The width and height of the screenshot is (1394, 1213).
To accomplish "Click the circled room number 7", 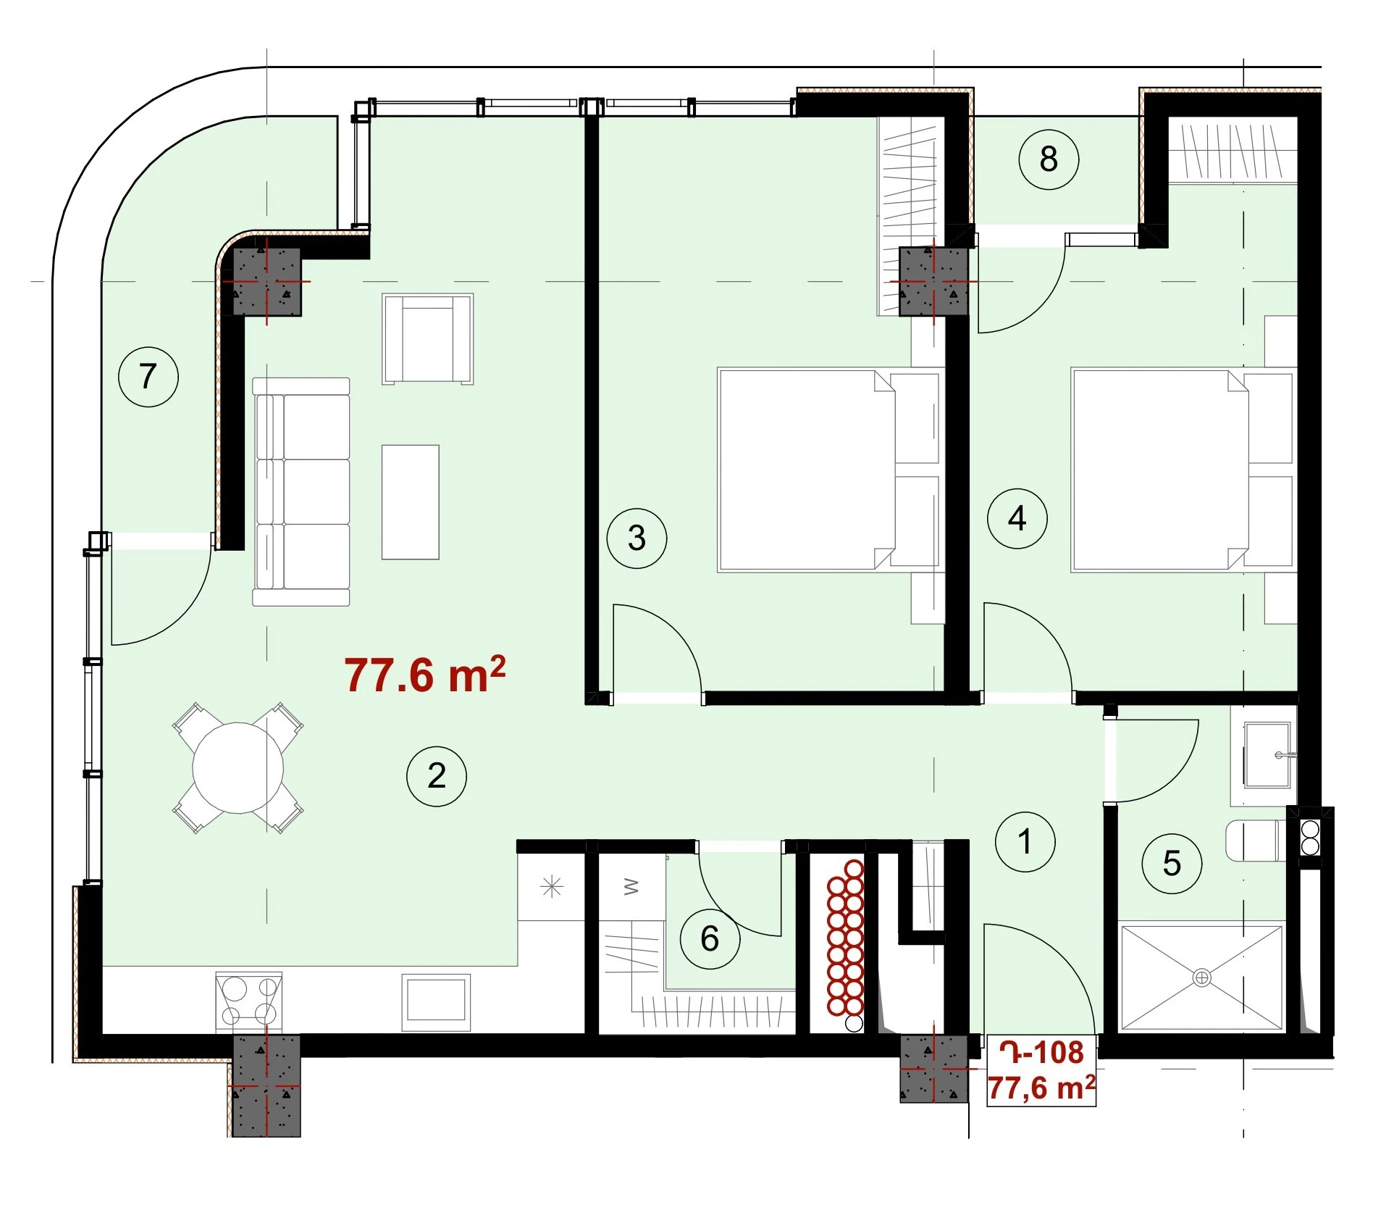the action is tap(148, 376).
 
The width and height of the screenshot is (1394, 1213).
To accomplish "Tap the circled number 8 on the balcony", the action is tap(1049, 159).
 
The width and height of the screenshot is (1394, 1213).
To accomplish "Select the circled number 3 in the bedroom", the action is tap(637, 538).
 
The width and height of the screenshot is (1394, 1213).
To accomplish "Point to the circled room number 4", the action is tap(1017, 518).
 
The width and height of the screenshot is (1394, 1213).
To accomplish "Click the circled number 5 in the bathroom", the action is tap(1172, 863).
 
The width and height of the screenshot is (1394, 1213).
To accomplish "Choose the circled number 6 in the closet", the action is tap(710, 938).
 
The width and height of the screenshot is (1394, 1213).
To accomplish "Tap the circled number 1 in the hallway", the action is tap(1025, 841).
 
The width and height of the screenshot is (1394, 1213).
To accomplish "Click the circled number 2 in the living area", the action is tap(437, 775).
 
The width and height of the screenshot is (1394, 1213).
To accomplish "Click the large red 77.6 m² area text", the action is tap(425, 675).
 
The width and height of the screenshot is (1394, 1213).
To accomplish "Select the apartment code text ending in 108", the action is tap(1042, 1051).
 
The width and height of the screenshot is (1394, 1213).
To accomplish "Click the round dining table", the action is tap(238, 768).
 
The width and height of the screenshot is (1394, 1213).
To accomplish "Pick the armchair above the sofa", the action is tap(428, 338).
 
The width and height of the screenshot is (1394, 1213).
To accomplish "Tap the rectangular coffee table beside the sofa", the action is tap(411, 502).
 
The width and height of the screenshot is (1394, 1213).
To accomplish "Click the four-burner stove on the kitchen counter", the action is tap(248, 1001).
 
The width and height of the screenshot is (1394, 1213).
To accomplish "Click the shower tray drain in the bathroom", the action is tap(1201, 978).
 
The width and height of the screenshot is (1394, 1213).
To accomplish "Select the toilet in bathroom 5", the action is tap(1258, 841).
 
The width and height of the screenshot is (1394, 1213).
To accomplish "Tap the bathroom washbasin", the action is tap(1267, 754).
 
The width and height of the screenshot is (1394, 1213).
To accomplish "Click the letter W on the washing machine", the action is tap(631, 886).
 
